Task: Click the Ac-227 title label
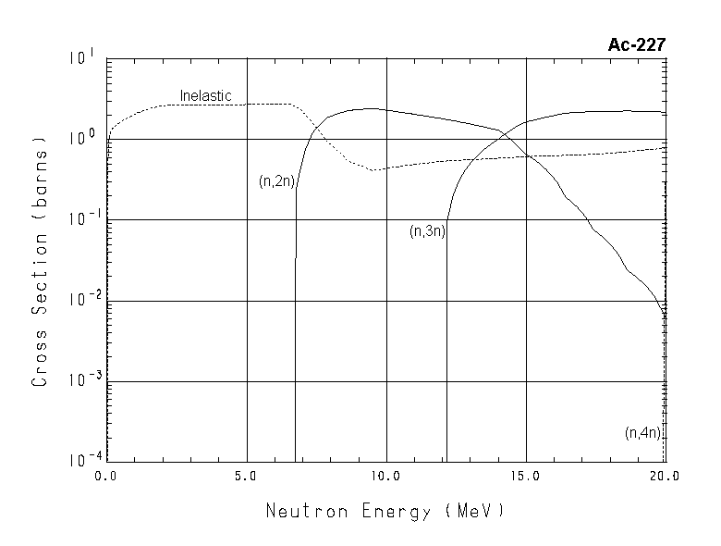pos(636,44)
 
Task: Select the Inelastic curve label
pos(205,95)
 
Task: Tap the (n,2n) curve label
pos(276,181)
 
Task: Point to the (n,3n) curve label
pos(427,231)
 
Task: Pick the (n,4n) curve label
pos(644,432)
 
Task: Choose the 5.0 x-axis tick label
pos(245,477)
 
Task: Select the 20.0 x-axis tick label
pos(664,477)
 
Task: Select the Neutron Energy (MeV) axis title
pos(385,511)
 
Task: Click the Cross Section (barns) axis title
pos(40,263)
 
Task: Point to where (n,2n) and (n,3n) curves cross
pos(505,135)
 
